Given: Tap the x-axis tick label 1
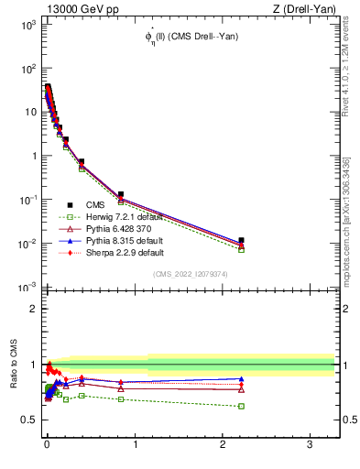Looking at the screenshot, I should click(135, 444).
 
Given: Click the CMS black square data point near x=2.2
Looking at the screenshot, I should click(241, 240).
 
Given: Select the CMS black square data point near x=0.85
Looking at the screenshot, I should click(121, 194).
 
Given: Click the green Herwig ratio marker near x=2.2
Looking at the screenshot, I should click(241, 406).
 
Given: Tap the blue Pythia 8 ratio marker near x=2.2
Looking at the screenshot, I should click(241, 378).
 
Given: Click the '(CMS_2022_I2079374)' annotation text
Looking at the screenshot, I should click(191, 274).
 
